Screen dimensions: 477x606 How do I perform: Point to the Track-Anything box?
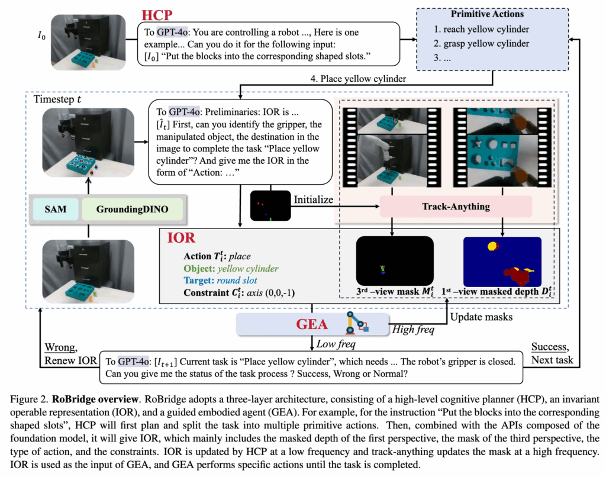click(x=455, y=207)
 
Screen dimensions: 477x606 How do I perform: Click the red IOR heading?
click(x=180, y=238)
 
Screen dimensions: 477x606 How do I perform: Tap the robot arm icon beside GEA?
click(x=353, y=324)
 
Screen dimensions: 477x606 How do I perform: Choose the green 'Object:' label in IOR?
click(x=200, y=269)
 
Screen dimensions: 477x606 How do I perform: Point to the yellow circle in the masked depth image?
click(x=492, y=245)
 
